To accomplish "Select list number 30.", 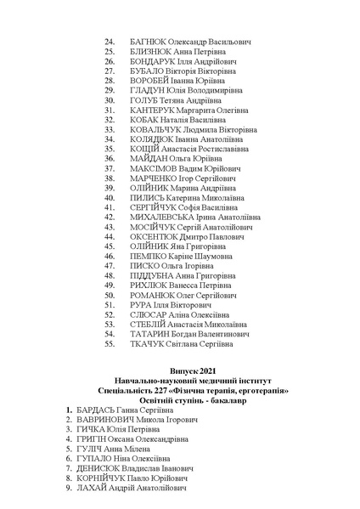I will [x=110, y=110].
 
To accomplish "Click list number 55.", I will [x=110, y=344].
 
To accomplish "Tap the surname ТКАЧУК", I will [x=146, y=344].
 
